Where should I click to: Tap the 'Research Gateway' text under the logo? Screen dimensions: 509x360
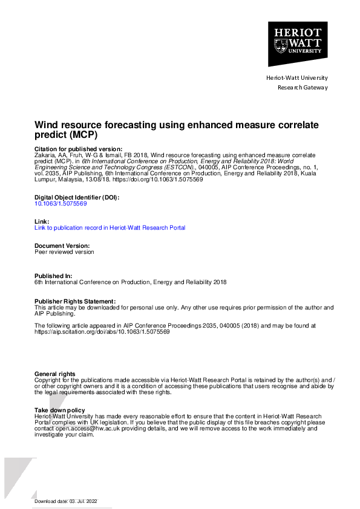tap(303, 87)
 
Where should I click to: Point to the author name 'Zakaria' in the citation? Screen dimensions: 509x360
tap(45, 155)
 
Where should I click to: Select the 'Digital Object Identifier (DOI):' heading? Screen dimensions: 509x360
tap(77, 198)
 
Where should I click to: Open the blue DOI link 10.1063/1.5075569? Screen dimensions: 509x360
tap(61, 204)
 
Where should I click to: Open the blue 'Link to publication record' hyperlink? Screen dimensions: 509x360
tap(110, 228)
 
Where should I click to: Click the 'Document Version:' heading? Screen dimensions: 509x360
tap(62, 246)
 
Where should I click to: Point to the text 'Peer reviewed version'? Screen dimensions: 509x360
tap(64, 252)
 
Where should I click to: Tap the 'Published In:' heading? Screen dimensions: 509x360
tap(53, 276)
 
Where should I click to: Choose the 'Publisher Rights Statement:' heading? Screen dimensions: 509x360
tap(74, 301)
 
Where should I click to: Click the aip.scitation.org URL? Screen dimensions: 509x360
tap(102, 332)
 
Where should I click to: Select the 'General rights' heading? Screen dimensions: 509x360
tap(56, 374)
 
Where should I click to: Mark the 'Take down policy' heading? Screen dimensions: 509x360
tap(60, 410)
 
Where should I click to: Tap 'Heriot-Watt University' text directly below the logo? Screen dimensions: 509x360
tap(297, 77)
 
